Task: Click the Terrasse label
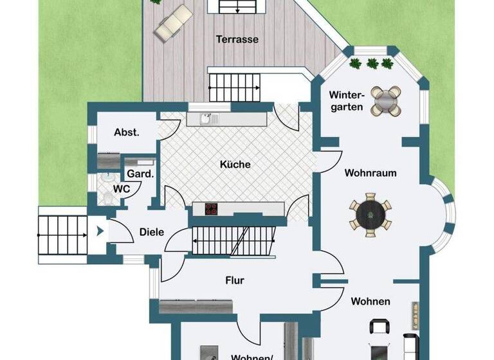pos(237,39)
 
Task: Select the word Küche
pos(235,165)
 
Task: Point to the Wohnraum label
pos(370,173)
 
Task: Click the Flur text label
pos(234,280)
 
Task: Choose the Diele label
pos(152,232)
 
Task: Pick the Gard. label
pos(140,174)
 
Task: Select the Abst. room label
pos(127,132)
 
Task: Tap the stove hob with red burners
pos(212,209)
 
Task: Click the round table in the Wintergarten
pos(386,101)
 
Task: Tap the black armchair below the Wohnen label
pos(380,327)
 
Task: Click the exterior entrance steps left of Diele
pos(63,235)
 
